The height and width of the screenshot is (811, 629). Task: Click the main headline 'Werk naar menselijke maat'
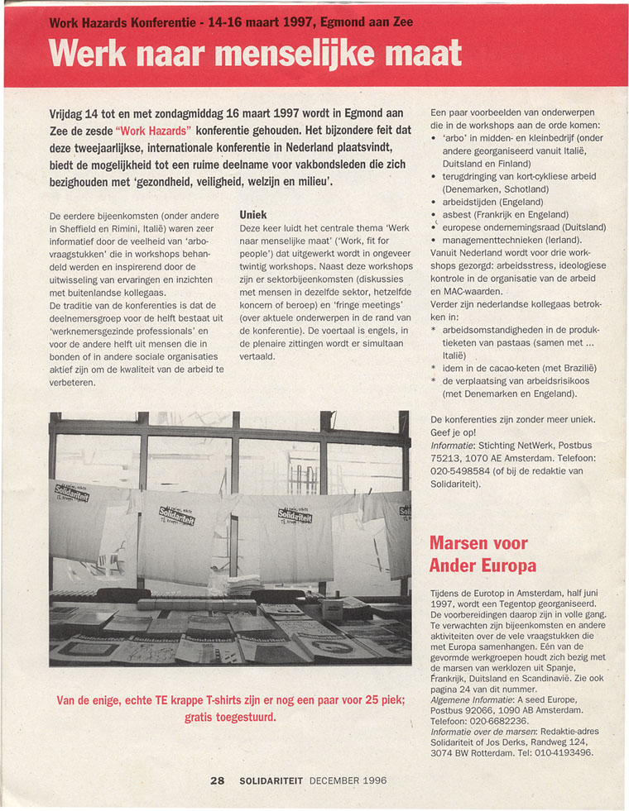pos(255,55)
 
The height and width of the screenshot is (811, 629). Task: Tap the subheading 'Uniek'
pos(254,213)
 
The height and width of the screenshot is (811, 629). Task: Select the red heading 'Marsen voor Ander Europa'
pos(483,555)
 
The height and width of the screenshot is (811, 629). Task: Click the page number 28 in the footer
pos(218,780)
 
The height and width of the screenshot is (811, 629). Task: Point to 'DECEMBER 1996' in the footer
pos(348,780)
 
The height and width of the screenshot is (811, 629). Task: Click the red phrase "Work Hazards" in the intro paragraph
pos(154,131)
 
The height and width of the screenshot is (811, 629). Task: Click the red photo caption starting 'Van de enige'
pos(231,708)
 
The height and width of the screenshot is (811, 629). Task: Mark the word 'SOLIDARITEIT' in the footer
pos(271,780)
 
